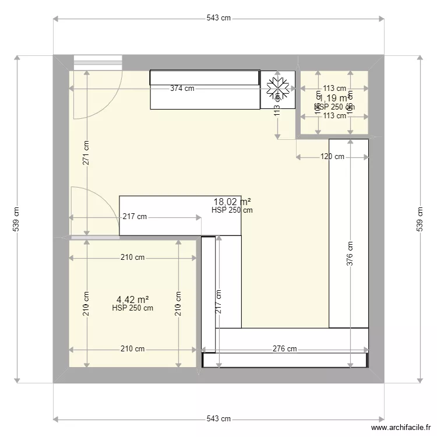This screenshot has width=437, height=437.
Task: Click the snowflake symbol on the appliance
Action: [x=279, y=89]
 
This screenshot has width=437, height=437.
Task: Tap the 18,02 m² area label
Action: [x=232, y=202]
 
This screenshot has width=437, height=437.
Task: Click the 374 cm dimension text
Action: [x=182, y=89]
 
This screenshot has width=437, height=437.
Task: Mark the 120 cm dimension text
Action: [x=332, y=157]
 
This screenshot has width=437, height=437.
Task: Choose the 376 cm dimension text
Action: [x=350, y=254]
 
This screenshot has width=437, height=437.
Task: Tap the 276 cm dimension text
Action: [x=284, y=349]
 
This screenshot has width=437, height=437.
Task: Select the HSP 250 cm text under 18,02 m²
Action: [x=232, y=210]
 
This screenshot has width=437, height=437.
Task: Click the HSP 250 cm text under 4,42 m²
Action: [x=132, y=308]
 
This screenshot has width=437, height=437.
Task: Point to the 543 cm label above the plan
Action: [x=218, y=18]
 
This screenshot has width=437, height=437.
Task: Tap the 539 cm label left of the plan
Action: [x=17, y=218]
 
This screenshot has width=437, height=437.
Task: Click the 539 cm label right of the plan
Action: [x=420, y=218]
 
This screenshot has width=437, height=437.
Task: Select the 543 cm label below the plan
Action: [x=218, y=419]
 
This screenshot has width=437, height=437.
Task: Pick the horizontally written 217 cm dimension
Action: [x=135, y=217]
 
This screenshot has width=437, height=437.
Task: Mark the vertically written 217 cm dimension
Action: [x=218, y=302]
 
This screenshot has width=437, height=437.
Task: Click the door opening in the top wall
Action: [x=97, y=61]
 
